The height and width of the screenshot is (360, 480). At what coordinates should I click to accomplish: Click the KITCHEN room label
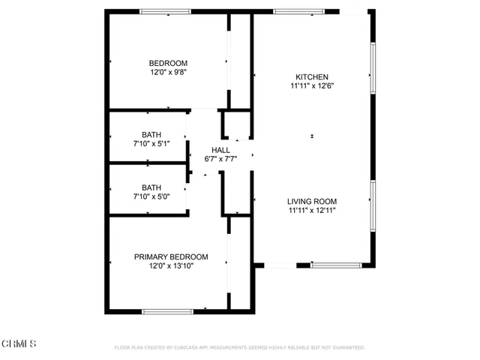click(312, 76)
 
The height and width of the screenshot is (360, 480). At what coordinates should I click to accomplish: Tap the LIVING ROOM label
click(312, 201)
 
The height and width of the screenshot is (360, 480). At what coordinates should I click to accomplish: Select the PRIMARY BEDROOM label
click(171, 256)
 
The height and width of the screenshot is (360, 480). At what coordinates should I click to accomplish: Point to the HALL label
click(220, 150)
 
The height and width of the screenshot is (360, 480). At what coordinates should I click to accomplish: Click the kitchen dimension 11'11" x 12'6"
click(312, 85)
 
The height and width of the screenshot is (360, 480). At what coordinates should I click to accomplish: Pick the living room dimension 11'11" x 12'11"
click(312, 211)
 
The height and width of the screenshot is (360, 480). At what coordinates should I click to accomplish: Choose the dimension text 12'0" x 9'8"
click(168, 72)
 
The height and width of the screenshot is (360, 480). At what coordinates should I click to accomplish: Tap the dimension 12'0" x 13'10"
click(171, 265)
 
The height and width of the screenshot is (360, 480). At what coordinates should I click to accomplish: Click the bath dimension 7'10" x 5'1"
click(152, 143)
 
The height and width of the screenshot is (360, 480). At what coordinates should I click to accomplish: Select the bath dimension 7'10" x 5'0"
click(152, 196)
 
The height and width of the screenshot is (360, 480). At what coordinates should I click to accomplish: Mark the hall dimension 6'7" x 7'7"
click(220, 159)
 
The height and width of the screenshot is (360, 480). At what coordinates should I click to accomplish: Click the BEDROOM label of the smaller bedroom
click(168, 63)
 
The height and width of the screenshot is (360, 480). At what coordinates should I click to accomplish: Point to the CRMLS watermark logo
click(19, 343)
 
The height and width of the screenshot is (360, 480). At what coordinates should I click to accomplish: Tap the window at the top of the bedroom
click(165, 11)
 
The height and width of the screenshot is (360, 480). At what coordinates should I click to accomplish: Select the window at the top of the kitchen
click(298, 11)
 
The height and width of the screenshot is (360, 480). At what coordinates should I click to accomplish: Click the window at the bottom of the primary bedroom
click(168, 311)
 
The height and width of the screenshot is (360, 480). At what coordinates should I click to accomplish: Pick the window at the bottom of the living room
click(336, 265)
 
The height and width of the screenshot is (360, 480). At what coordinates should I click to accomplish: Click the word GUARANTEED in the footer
click(348, 348)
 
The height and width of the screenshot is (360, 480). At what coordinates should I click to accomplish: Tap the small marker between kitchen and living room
click(312, 136)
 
